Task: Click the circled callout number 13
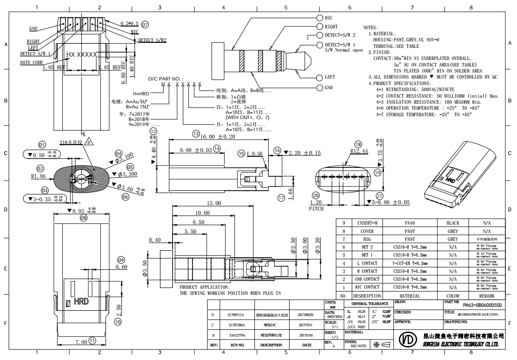[x=196, y=134]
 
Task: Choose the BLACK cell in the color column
[x=452, y=223]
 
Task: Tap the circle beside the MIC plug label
[x=320, y=17]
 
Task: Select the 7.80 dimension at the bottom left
[x=82, y=342]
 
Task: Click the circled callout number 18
[x=358, y=144]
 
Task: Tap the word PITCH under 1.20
[x=316, y=209]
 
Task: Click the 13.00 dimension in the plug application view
[x=214, y=203]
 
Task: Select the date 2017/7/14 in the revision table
[x=307, y=325]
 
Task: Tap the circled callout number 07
[x=145, y=24]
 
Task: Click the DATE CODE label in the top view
[x=31, y=62]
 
